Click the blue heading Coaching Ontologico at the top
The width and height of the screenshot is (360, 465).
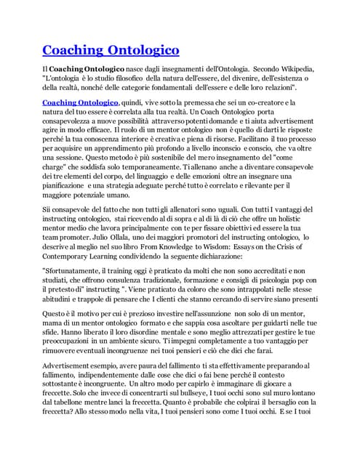(111, 50)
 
